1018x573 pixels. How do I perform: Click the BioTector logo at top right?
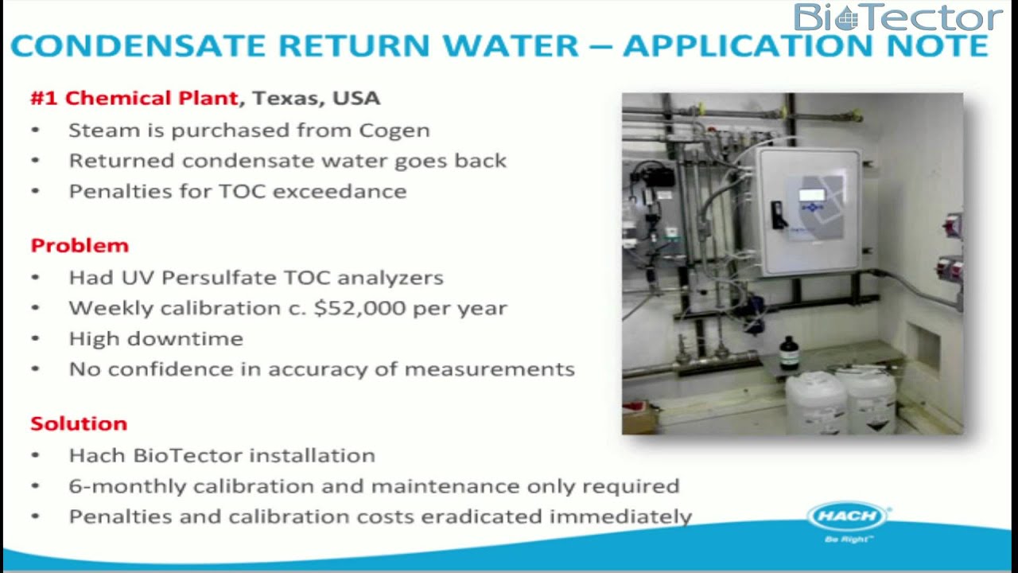click(897, 18)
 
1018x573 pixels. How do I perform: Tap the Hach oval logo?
click(848, 516)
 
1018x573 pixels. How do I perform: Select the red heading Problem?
click(80, 245)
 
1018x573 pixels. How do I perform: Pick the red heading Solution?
click(79, 423)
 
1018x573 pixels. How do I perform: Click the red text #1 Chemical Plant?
click(134, 98)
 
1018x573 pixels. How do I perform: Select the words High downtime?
click(156, 339)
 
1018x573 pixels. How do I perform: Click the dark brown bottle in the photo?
click(788, 353)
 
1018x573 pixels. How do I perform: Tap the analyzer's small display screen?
click(811, 195)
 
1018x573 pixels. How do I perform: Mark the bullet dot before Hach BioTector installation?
click(35, 456)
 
